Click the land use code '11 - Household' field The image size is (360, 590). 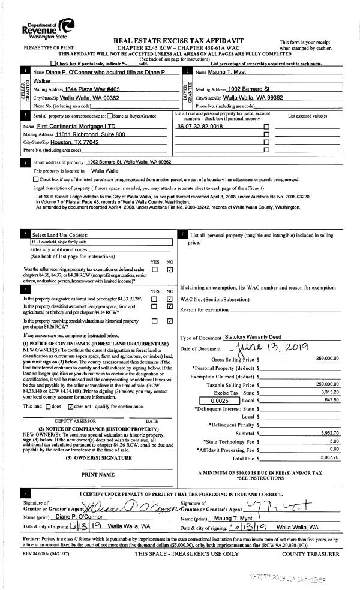click(x=96, y=242)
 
